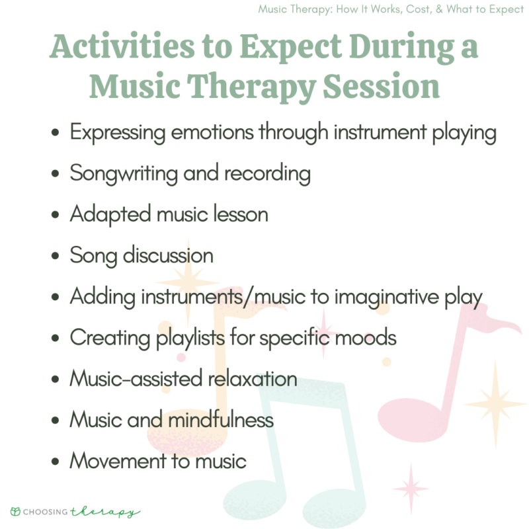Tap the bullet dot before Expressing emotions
coord(56,133)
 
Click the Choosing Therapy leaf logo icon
coord(15,511)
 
